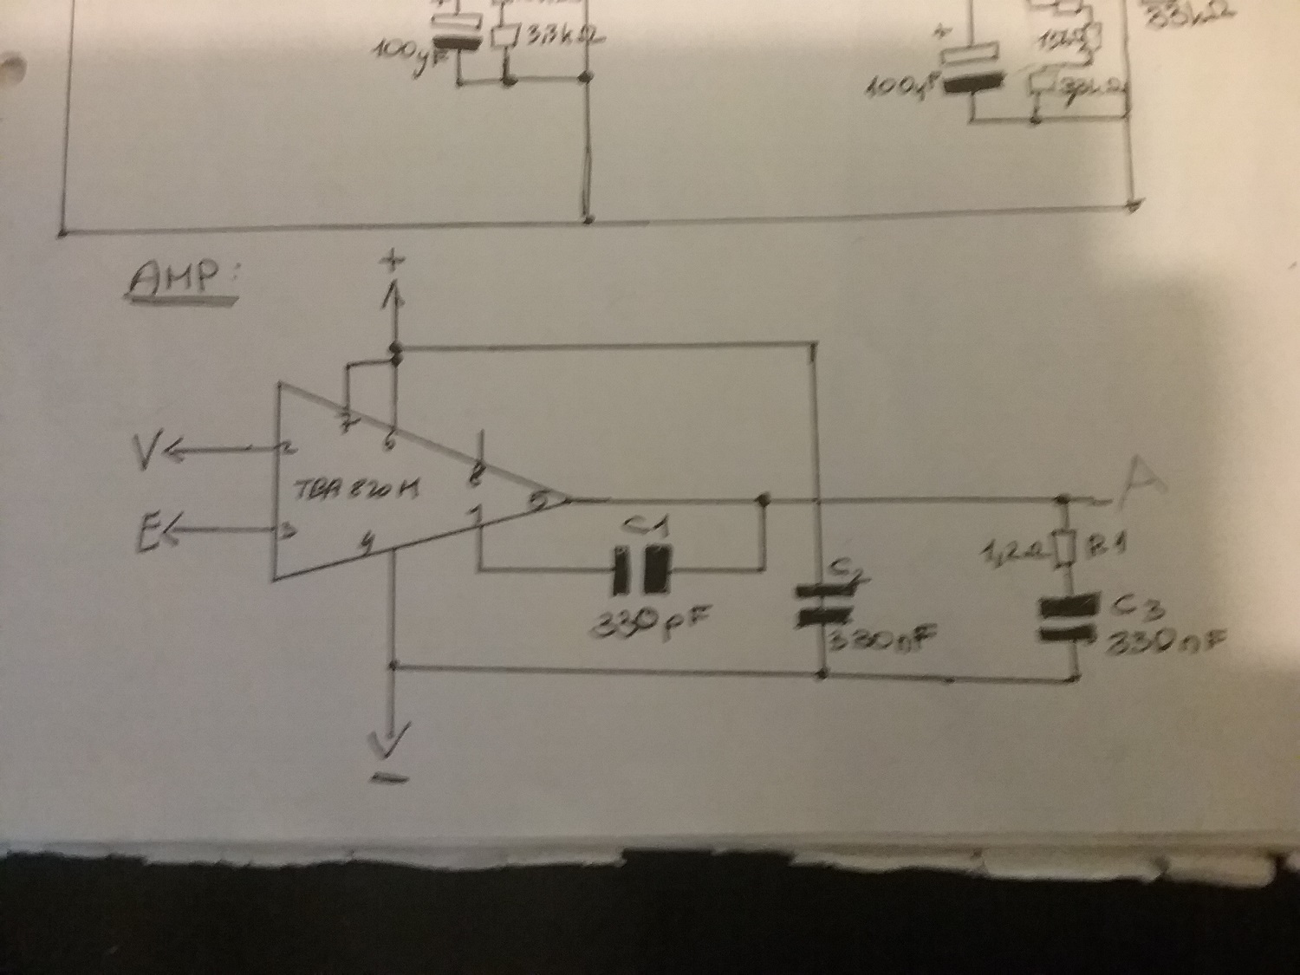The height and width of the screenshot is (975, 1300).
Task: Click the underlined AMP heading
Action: [181, 281]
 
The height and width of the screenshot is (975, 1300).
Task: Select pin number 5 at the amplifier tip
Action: [540, 500]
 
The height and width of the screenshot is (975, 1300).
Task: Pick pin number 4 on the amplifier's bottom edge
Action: [367, 545]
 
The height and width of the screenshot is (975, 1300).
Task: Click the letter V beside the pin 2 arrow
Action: [147, 448]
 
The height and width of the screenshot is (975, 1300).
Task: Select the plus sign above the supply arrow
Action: [395, 261]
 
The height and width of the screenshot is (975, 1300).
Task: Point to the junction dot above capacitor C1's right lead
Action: [764, 500]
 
